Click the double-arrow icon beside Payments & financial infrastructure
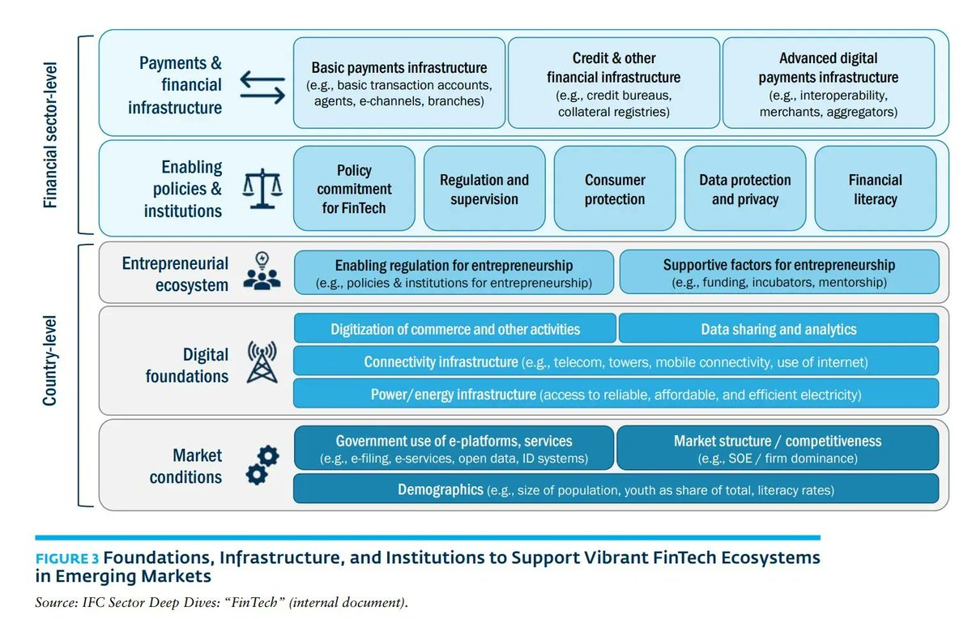(262, 88)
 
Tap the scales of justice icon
(262, 189)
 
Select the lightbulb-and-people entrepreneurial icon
(262, 271)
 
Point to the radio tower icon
(262, 362)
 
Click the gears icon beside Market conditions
(263, 465)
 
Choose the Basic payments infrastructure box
(399, 83)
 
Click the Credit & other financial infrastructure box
(614, 83)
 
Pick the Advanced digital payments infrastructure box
(829, 83)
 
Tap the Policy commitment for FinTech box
(354, 189)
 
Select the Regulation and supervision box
(484, 189)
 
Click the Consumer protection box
(615, 189)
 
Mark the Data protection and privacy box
(745, 189)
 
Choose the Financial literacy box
(876, 189)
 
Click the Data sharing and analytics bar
(778, 329)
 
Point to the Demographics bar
(616, 489)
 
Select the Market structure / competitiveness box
(777, 448)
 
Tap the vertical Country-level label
(50, 361)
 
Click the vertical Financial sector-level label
(50, 135)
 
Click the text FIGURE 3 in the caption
(67, 559)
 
